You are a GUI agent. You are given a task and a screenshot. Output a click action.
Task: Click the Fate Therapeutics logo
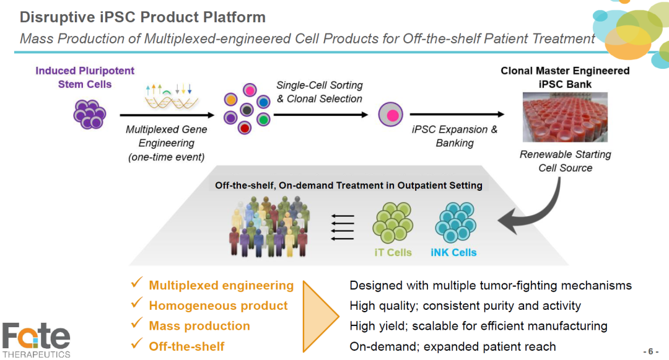coord(36,340)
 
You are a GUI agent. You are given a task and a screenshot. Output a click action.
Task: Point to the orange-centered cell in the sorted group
coord(231,99)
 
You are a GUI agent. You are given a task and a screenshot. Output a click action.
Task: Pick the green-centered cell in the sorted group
coord(263,118)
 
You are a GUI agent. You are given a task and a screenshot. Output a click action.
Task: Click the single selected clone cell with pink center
coord(391,115)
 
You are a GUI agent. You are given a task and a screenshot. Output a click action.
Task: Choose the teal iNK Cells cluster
coord(455,222)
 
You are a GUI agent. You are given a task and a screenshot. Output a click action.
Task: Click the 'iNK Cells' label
coord(453,252)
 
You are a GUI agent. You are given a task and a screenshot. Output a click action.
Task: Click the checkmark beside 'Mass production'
coord(137,325)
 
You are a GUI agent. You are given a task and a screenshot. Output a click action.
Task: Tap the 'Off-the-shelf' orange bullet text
coord(186,346)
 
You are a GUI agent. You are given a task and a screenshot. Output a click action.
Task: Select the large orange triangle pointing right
coord(319,315)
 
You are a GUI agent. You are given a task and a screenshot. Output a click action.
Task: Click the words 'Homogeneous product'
coord(218,305)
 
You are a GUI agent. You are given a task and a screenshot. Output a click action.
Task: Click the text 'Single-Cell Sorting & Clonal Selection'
coord(319,92)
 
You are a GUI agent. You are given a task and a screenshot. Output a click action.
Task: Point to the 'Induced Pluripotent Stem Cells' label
coord(85,77)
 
